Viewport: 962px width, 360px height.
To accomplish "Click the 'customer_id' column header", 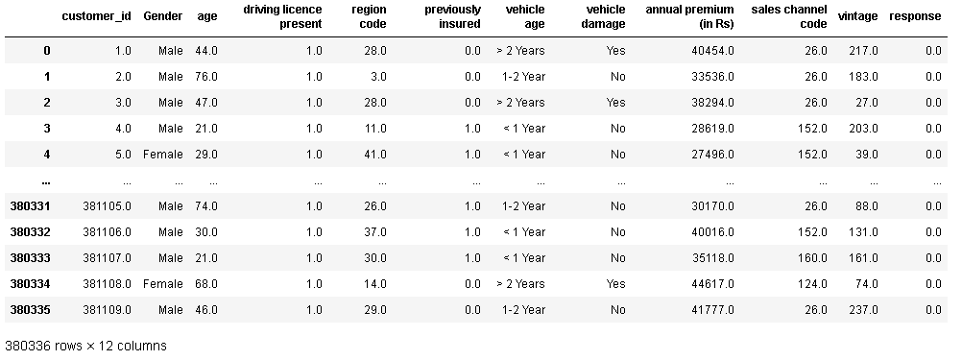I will coord(96,16).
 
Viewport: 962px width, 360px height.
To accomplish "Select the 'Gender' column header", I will coord(162,16).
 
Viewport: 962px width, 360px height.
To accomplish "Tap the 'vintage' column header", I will coord(856,16).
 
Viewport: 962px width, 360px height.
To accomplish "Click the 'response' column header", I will coord(915,16).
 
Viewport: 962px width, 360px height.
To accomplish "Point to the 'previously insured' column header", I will coord(451,16).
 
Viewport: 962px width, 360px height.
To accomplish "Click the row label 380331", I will coord(28,206).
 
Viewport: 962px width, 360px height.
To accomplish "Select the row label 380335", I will coord(28,310).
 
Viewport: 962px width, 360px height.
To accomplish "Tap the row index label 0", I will coord(46,51).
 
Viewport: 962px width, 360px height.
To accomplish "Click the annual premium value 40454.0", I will coord(710,51).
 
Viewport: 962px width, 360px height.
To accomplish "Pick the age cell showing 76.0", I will coord(206,77).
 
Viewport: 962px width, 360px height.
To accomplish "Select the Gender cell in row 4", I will coord(162,155).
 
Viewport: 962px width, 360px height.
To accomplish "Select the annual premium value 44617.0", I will coord(710,284).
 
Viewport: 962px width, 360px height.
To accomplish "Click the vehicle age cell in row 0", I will coord(520,51).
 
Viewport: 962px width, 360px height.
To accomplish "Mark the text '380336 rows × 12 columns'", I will coord(86,346).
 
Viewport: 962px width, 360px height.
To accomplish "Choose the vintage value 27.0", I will coord(865,103).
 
